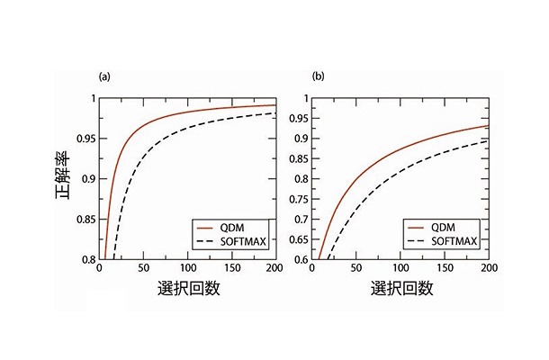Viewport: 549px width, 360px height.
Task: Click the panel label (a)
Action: (x=105, y=76)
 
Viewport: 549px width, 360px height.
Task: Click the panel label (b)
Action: (x=318, y=76)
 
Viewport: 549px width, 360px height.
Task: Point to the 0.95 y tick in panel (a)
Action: (x=86, y=139)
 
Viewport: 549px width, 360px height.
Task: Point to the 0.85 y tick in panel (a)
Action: (x=86, y=220)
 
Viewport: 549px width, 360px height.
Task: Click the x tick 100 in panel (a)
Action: (x=187, y=269)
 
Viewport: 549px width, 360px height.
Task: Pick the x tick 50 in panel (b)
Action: (x=358, y=269)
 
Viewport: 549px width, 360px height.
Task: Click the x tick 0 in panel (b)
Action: (x=312, y=269)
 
